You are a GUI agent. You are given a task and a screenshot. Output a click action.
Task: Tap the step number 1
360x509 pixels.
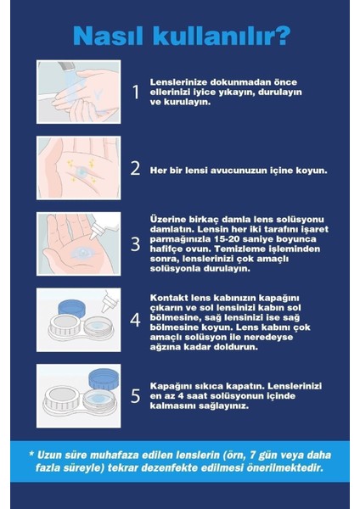[135, 92]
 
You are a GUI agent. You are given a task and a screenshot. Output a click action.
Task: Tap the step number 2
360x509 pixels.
[135, 168]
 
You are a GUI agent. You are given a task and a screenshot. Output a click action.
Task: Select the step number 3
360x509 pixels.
[135, 244]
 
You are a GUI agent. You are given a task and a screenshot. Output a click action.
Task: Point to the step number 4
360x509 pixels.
[135, 322]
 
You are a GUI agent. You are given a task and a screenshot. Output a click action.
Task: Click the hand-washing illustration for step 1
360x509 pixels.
[78, 92]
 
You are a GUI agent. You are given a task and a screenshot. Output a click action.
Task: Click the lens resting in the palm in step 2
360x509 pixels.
[82, 170]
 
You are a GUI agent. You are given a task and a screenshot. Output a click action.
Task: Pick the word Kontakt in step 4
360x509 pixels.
[168, 298]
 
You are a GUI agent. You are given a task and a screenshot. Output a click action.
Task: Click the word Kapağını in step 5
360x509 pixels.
[172, 385]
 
